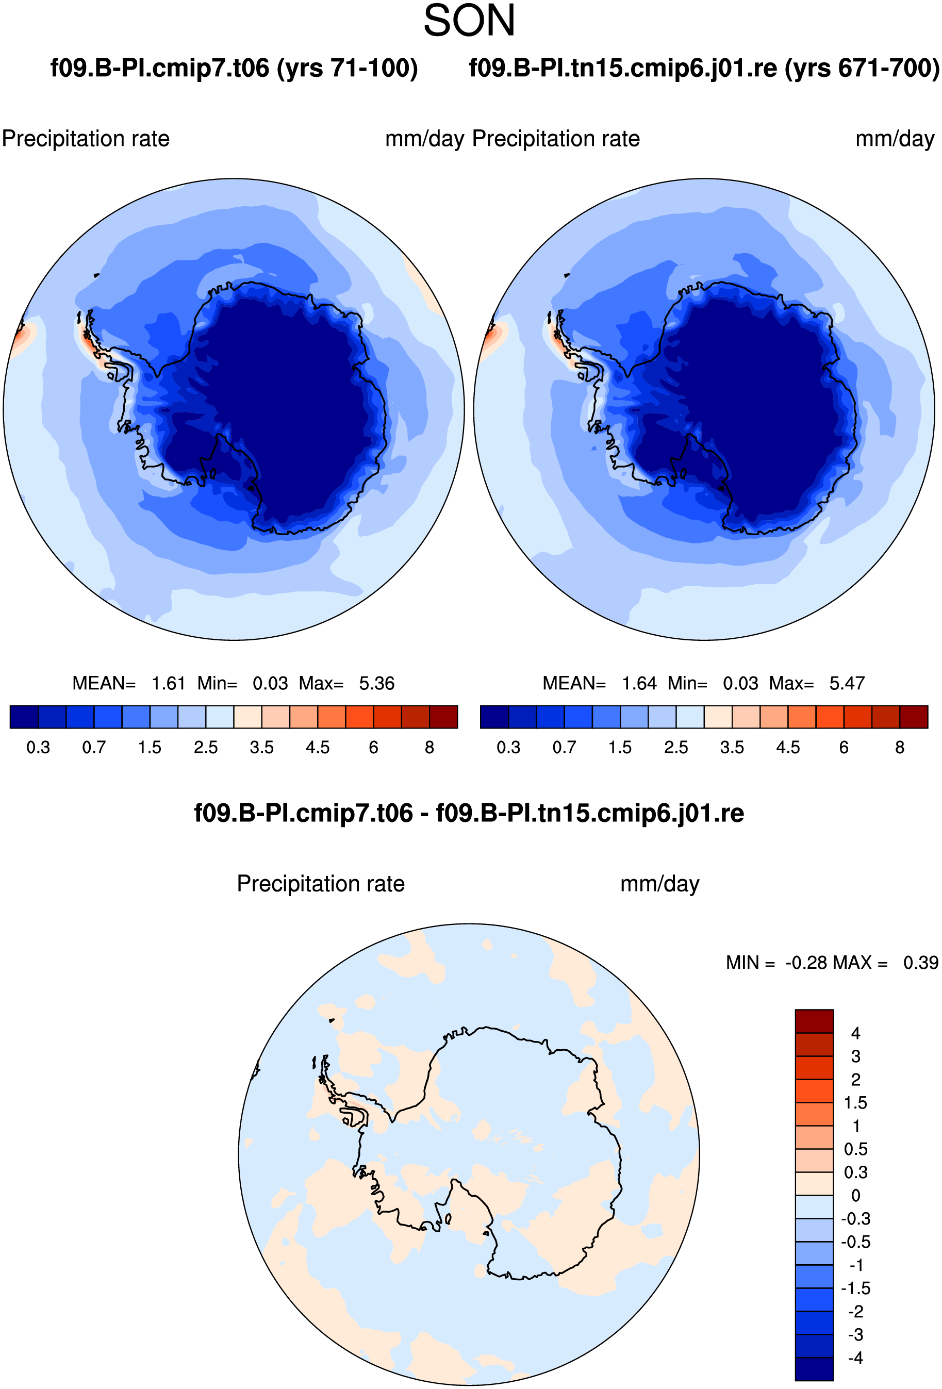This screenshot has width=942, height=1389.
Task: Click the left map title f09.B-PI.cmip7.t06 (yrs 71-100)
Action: pos(234,68)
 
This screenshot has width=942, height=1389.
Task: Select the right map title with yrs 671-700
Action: pos(704,68)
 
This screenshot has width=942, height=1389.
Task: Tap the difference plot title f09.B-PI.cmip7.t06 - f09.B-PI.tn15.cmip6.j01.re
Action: pos(469,813)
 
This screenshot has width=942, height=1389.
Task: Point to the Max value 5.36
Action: pos(376,683)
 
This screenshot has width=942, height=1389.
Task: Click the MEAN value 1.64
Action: pos(639,683)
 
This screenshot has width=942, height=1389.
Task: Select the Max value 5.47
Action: pos(847,683)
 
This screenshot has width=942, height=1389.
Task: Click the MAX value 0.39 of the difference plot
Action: pos(920,962)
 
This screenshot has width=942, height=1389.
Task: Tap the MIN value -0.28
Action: pos(806,962)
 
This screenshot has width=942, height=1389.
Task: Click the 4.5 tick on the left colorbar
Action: pos(318,747)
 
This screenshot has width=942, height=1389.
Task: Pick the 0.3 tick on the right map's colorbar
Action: pos(509,747)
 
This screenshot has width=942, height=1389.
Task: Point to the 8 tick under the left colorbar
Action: pos(429,747)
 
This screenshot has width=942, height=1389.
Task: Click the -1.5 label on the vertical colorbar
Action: pos(856,1288)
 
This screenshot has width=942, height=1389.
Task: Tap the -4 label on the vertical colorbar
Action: pos(856,1358)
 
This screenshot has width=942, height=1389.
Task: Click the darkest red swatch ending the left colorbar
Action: pos(443,717)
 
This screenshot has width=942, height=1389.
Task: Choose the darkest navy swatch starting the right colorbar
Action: pos(494,717)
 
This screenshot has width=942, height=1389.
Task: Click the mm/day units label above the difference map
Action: pos(660,883)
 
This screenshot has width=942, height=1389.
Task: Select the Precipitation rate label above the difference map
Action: pos(321,883)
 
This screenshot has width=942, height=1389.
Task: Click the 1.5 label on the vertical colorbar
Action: pos(856,1103)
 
